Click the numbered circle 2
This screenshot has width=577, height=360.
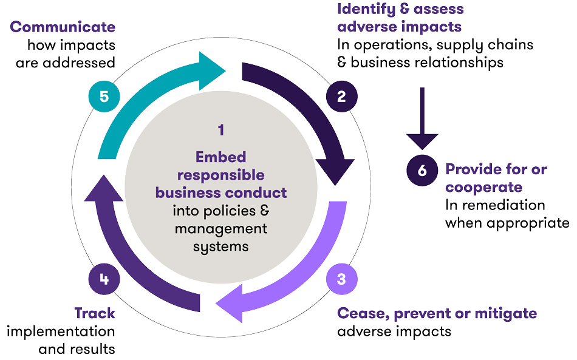341,97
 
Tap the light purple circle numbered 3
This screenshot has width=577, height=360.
341,279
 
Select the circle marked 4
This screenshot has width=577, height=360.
104,279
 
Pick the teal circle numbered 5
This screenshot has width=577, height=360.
104,97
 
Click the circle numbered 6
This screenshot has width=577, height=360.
422,170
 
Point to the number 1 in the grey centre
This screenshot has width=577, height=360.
221,129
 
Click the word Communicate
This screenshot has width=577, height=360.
63,27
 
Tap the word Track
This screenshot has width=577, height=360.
94,313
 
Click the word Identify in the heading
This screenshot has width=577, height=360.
361,9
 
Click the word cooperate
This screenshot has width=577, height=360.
483,187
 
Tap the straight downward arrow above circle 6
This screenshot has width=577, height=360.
422,121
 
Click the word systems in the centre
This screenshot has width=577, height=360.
220,246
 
